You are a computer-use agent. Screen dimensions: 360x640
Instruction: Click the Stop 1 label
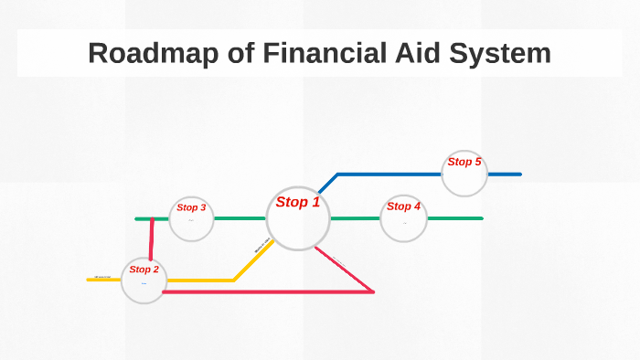(298, 202)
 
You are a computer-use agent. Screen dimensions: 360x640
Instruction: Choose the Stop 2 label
(144, 270)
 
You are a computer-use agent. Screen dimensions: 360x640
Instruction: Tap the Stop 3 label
(191, 207)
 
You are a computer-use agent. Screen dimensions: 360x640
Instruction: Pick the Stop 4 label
(403, 206)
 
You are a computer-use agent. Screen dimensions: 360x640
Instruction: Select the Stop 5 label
(464, 162)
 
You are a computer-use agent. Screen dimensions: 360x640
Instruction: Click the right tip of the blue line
(519, 174)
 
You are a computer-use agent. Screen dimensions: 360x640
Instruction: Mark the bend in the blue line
(337, 174)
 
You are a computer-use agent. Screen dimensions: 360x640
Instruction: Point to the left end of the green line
(137, 219)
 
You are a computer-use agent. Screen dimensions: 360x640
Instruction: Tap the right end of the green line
(481, 218)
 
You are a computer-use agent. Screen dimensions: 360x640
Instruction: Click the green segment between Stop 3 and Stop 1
(240, 218)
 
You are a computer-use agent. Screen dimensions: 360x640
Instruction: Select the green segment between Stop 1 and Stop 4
(355, 218)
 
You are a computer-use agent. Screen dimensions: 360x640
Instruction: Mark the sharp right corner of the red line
(373, 291)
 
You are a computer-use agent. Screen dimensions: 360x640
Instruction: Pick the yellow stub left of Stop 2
(103, 279)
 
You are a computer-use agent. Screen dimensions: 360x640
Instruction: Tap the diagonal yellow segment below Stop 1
(253, 260)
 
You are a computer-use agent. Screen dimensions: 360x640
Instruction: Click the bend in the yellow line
(234, 280)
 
